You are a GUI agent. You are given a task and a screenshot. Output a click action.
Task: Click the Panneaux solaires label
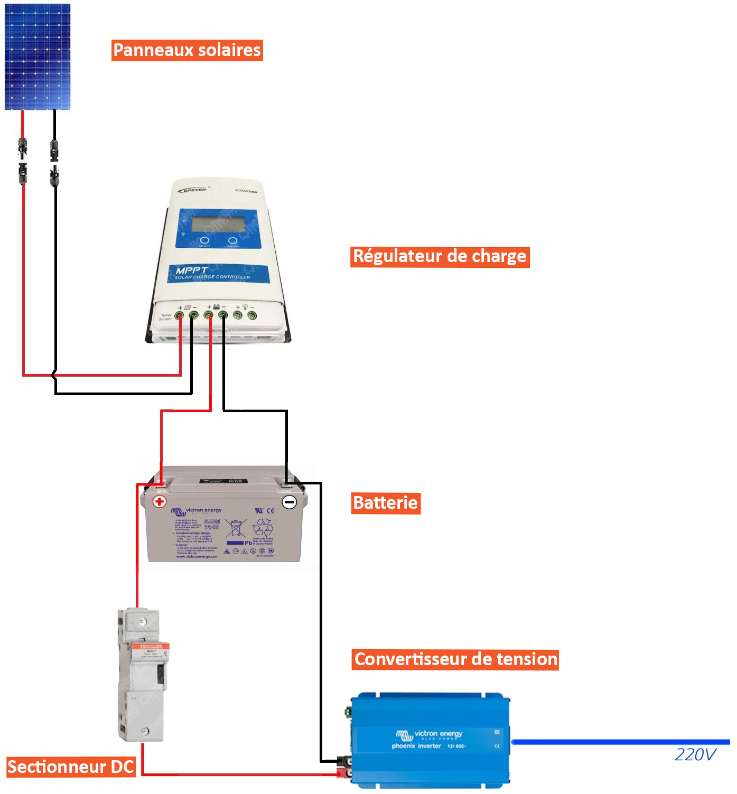click(187, 50)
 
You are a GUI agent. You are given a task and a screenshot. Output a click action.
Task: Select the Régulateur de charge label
click(440, 257)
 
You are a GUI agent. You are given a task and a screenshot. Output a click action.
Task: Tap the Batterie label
click(386, 503)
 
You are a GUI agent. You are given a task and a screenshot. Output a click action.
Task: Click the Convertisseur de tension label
click(455, 660)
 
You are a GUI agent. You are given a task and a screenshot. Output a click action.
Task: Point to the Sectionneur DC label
click(71, 767)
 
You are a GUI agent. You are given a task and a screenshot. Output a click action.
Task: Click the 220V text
click(695, 754)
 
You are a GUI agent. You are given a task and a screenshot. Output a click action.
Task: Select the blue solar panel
click(38, 57)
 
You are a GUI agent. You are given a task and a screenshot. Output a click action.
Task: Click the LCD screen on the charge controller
click(218, 224)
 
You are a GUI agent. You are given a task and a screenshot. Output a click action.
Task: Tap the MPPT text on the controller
click(191, 270)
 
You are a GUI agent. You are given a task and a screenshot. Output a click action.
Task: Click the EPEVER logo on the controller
click(193, 190)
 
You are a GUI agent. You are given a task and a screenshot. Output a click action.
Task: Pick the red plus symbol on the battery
click(160, 501)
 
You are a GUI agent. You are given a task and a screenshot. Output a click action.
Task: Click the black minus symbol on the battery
click(290, 502)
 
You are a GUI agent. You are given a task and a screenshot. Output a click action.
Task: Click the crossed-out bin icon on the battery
click(236, 528)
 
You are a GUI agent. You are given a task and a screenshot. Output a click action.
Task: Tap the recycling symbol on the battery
click(263, 527)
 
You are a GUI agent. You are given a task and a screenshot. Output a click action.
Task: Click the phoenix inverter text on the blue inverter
click(416, 746)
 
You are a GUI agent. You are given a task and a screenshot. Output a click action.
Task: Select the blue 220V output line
click(620, 742)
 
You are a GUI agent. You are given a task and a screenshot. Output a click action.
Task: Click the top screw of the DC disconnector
click(141, 622)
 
